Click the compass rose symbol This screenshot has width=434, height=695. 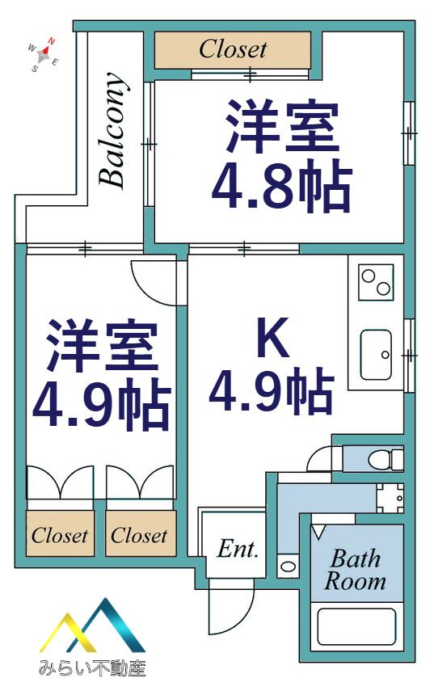coord(43,55)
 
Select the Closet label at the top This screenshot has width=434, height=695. coord(233,49)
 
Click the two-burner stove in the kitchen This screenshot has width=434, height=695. coord(376,282)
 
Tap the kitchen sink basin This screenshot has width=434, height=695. coord(376,355)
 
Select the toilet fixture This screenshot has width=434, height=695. coord(386,459)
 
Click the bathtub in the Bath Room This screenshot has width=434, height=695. coord(357,625)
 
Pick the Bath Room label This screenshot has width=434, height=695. coord(355,570)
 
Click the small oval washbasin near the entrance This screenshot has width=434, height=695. coord(289,567)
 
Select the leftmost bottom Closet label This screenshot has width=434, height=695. coord(60,536)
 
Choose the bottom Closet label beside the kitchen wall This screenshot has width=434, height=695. coord(139,536)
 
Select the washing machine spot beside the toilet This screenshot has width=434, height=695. coord(390,498)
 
